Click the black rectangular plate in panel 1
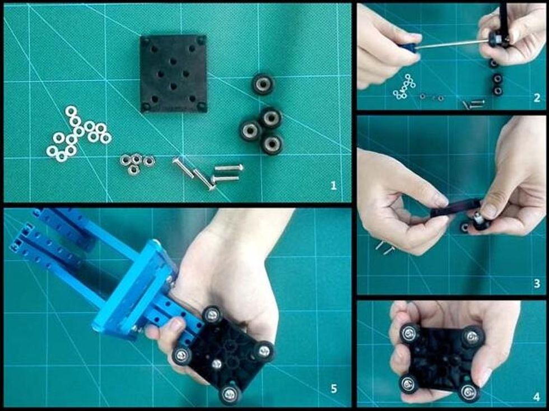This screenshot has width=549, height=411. [x=173, y=73]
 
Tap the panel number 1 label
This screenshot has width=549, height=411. [x=333, y=185]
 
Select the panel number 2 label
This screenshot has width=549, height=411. [x=537, y=98]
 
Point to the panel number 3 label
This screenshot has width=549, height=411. [x=537, y=283]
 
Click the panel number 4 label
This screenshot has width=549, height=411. [x=537, y=397]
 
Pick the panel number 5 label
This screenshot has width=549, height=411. [x=333, y=388]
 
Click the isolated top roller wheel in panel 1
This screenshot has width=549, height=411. [x=263, y=84]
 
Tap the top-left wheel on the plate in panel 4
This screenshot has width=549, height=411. [x=410, y=333]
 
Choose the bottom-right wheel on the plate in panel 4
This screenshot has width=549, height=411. [x=469, y=392]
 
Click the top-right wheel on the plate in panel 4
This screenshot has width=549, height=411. [x=472, y=337]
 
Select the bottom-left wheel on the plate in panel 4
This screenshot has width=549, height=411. [x=408, y=385]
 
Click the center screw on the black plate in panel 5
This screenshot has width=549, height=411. [x=217, y=364]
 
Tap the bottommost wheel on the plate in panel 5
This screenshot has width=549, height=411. [x=230, y=394]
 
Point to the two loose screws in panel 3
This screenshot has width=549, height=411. [x=385, y=247]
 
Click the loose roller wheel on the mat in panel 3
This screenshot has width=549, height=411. [x=466, y=227]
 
